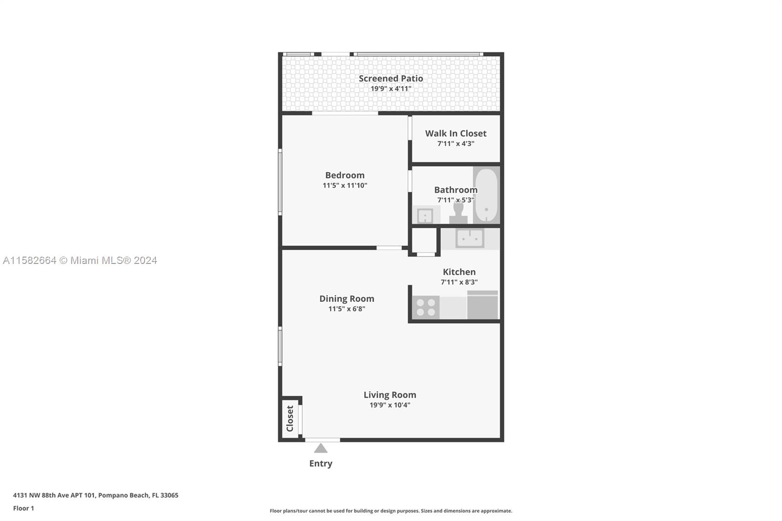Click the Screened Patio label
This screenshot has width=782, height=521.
(x=391, y=79)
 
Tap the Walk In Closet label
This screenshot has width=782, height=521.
(x=456, y=133)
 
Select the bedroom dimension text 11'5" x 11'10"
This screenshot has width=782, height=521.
(x=345, y=185)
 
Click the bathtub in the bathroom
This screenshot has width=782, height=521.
(x=486, y=195)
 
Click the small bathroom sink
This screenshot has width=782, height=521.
(x=425, y=216)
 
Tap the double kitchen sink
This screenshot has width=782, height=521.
(x=470, y=238)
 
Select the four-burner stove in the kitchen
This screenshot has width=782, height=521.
(x=426, y=307)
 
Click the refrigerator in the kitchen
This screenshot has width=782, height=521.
(x=482, y=305)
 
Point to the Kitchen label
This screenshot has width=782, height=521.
(x=459, y=272)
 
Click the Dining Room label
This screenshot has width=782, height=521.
(x=347, y=299)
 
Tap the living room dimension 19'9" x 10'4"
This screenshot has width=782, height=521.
(x=390, y=405)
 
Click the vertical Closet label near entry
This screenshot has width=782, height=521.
(x=290, y=418)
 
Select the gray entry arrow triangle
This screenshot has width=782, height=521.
(x=321, y=448)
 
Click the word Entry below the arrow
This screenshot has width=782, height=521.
(x=321, y=463)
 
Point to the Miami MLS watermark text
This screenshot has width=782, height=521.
(x=80, y=260)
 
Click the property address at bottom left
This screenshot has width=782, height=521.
(x=96, y=495)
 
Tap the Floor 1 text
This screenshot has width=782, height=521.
(x=23, y=508)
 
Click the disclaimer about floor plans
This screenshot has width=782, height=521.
(x=391, y=511)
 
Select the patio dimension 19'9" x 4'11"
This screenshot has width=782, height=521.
(x=391, y=88)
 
